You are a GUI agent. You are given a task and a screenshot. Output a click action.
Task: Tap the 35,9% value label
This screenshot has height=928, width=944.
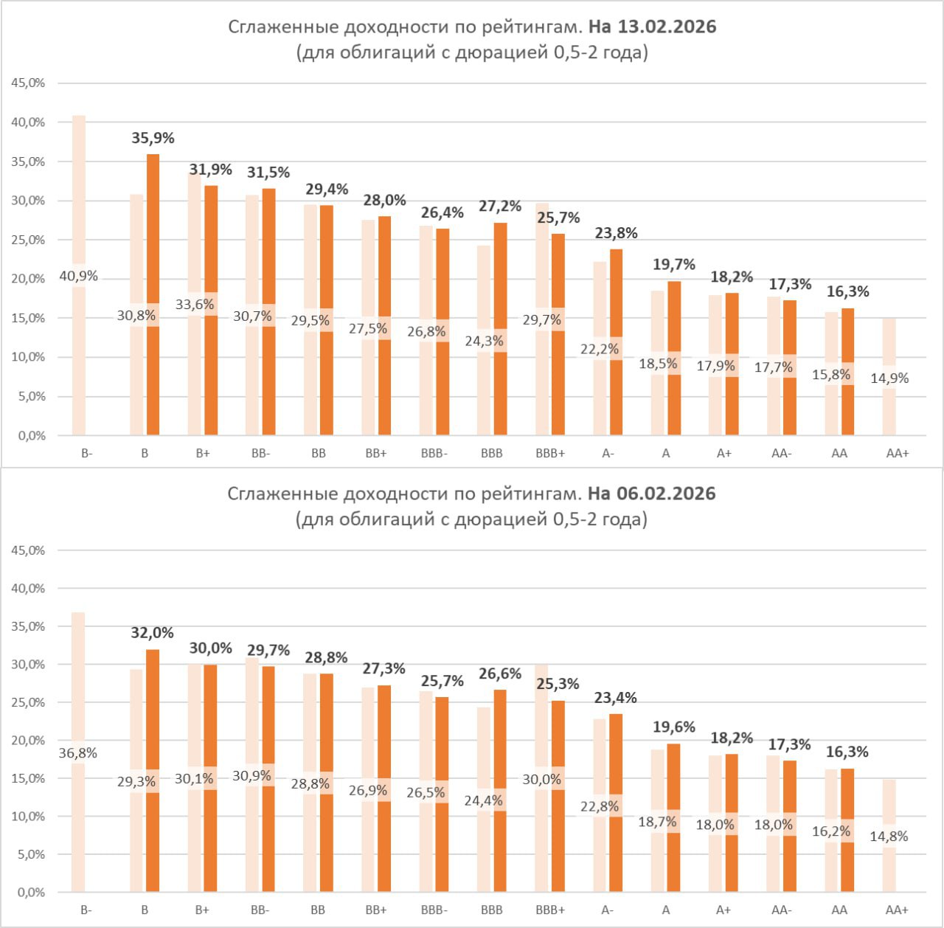pyautogui.click(x=153, y=138)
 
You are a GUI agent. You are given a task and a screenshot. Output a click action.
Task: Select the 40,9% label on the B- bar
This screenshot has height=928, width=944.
pyautogui.click(x=79, y=277)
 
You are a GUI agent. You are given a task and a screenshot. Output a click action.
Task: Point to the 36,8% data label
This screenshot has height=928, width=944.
pyautogui.click(x=78, y=753)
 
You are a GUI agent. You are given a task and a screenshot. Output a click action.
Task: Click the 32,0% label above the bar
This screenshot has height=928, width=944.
pyautogui.click(x=153, y=633)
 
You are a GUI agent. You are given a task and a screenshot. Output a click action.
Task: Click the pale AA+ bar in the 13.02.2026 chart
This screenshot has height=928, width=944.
pyautogui.click(x=889, y=339)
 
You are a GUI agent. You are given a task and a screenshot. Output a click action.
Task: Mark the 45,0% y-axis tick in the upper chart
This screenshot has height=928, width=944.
pyautogui.click(x=28, y=83)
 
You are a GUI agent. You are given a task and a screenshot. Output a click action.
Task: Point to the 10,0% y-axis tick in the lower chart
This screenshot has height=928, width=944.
pyautogui.click(x=28, y=817)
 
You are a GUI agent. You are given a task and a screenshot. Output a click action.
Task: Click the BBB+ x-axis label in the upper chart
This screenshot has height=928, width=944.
pyautogui.click(x=550, y=454)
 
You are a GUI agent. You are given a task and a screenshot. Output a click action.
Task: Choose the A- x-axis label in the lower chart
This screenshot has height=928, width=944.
pyautogui.click(x=608, y=910)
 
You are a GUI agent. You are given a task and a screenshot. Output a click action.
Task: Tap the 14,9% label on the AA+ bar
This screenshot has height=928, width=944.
pyautogui.click(x=889, y=378)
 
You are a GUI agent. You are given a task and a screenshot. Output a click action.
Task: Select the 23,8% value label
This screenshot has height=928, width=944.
pyautogui.click(x=616, y=233)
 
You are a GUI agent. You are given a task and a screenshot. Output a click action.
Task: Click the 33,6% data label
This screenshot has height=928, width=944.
pyautogui.click(x=195, y=304)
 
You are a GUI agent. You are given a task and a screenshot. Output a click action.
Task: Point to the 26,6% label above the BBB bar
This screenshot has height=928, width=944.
pyautogui.click(x=500, y=674)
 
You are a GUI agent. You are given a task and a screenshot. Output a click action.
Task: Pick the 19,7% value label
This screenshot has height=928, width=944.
pyautogui.click(x=674, y=264)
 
